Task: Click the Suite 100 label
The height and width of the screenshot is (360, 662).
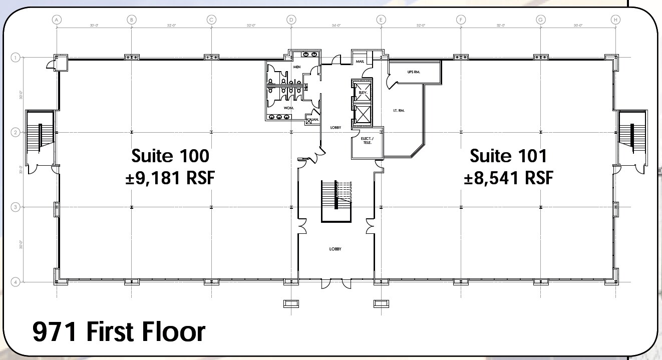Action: click(170, 156)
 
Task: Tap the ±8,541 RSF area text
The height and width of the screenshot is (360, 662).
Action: click(508, 178)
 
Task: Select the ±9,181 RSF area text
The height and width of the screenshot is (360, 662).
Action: click(170, 178)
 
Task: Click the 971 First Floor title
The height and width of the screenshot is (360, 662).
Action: click(119, 332)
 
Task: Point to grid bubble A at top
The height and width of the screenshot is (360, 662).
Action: click(57, 20)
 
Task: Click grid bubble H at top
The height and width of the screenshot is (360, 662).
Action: click(615, 20)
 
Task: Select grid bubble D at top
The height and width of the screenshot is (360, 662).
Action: click(291, 20)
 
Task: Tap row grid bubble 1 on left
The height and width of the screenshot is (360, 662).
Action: click(15, 58)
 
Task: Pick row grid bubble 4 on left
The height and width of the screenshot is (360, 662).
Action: click(15, 282)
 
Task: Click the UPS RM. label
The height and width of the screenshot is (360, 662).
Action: click(414, 72)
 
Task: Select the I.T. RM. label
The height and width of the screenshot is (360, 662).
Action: click(399, 109)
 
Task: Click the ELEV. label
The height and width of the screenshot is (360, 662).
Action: click(362, 93)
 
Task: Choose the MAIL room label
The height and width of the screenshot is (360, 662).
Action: click(360, 62)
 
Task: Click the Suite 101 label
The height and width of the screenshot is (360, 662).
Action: click(508, 156)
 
